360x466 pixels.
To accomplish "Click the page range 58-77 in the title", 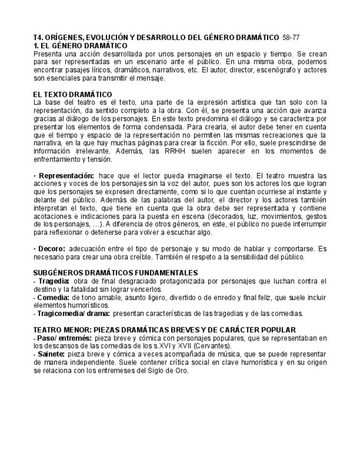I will tap(291, 37).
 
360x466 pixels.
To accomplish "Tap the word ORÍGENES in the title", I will tap(65, 37).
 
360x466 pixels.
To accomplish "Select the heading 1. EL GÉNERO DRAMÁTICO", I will tap(80, 46).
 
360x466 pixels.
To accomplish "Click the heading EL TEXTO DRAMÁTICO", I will tap(73, 95).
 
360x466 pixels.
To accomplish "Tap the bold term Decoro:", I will tap(52, 249).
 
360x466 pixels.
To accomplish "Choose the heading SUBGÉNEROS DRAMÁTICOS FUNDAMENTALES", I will tap(115, 273).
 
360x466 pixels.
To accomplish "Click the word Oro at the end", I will tap(182, 370).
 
